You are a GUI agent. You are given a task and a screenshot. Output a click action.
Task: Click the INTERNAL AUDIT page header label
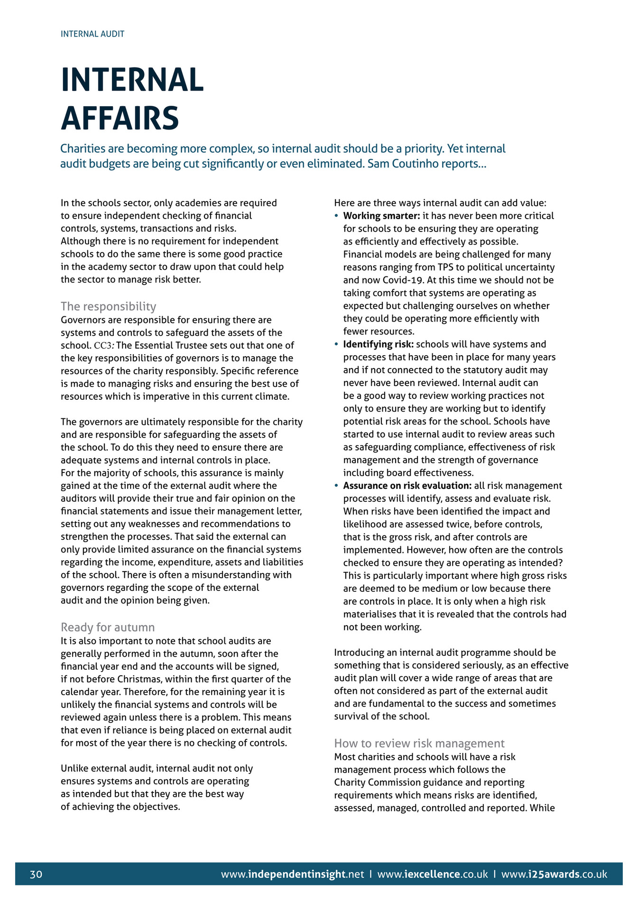tap(92, 34)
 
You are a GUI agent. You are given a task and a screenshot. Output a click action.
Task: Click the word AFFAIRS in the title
tap(120, 118)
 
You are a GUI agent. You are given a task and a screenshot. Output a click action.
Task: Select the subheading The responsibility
tap(108, 306)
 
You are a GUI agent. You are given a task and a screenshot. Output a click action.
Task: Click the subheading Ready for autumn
tap(108, 627)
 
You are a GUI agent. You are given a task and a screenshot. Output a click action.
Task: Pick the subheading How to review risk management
tap(419, 743)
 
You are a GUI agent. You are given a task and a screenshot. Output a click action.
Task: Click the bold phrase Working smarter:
tap(381, 216)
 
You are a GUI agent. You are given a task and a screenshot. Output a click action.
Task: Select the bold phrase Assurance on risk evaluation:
tap(407, 486)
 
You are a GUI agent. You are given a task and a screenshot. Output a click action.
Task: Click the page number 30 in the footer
tap(36, 874)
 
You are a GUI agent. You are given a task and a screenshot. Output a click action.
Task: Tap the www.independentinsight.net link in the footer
tap(292, 874)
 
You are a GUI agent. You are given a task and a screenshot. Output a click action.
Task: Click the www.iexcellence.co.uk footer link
tap(432, 874)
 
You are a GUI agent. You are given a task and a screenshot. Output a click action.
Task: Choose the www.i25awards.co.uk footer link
tap(554, 874)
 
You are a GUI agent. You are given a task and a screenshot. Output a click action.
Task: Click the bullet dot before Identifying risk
tap(336, 345)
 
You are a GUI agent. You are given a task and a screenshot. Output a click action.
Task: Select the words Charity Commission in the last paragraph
tap(377, 782)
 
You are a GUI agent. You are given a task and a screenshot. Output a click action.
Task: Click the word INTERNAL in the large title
tap(132, 80)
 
